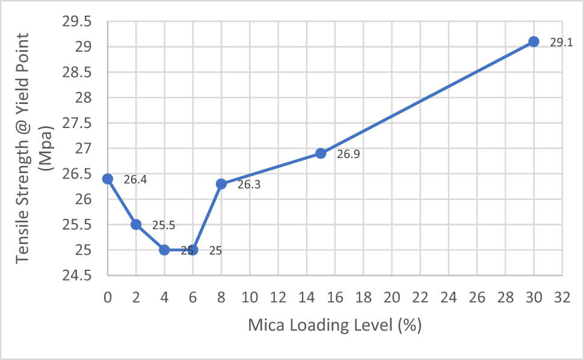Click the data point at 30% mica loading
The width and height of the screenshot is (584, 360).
pyautogui.click(x=533, y=41)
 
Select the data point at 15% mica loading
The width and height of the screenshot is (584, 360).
pyautogui.click(x=321, y=153)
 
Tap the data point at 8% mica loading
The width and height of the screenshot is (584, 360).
pyautogui.click(x=221, y=184)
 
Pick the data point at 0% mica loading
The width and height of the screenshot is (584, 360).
pyautogui.click(x=108, y=178)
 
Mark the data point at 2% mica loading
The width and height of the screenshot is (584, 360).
pyautogui.click(x=136, y=224)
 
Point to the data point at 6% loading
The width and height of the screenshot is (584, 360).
pyautogui.click(x=192, y=250)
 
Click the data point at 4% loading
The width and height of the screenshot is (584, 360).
pyautogui.click(x=164, y=250)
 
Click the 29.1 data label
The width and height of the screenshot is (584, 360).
pyautogui.click(x=561, y=43)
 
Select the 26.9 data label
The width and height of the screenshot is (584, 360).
pyautogui.click(x=348, y=154)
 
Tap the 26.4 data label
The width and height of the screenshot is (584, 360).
pyautogui.click(x=135, y=180)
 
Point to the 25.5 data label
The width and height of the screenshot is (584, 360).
pyautogui.click(x=163, y=226)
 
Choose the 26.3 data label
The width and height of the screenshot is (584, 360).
pyautogui.click(x=249, y=185)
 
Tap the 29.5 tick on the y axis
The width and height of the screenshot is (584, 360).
pyautogui.click(x=76, y=22)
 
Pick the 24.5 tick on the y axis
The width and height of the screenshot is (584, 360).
pyautogui.click(x=76, y=276)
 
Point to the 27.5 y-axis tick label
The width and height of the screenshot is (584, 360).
pyautogui.click(x=76, y=123)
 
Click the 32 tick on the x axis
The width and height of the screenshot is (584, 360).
pyautogui.click(x=562, y=297)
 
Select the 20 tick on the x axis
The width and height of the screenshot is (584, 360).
pyautogui.click(x=392, y=297)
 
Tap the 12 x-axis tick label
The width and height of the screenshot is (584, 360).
pyautogui.click(x=278, y=297)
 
